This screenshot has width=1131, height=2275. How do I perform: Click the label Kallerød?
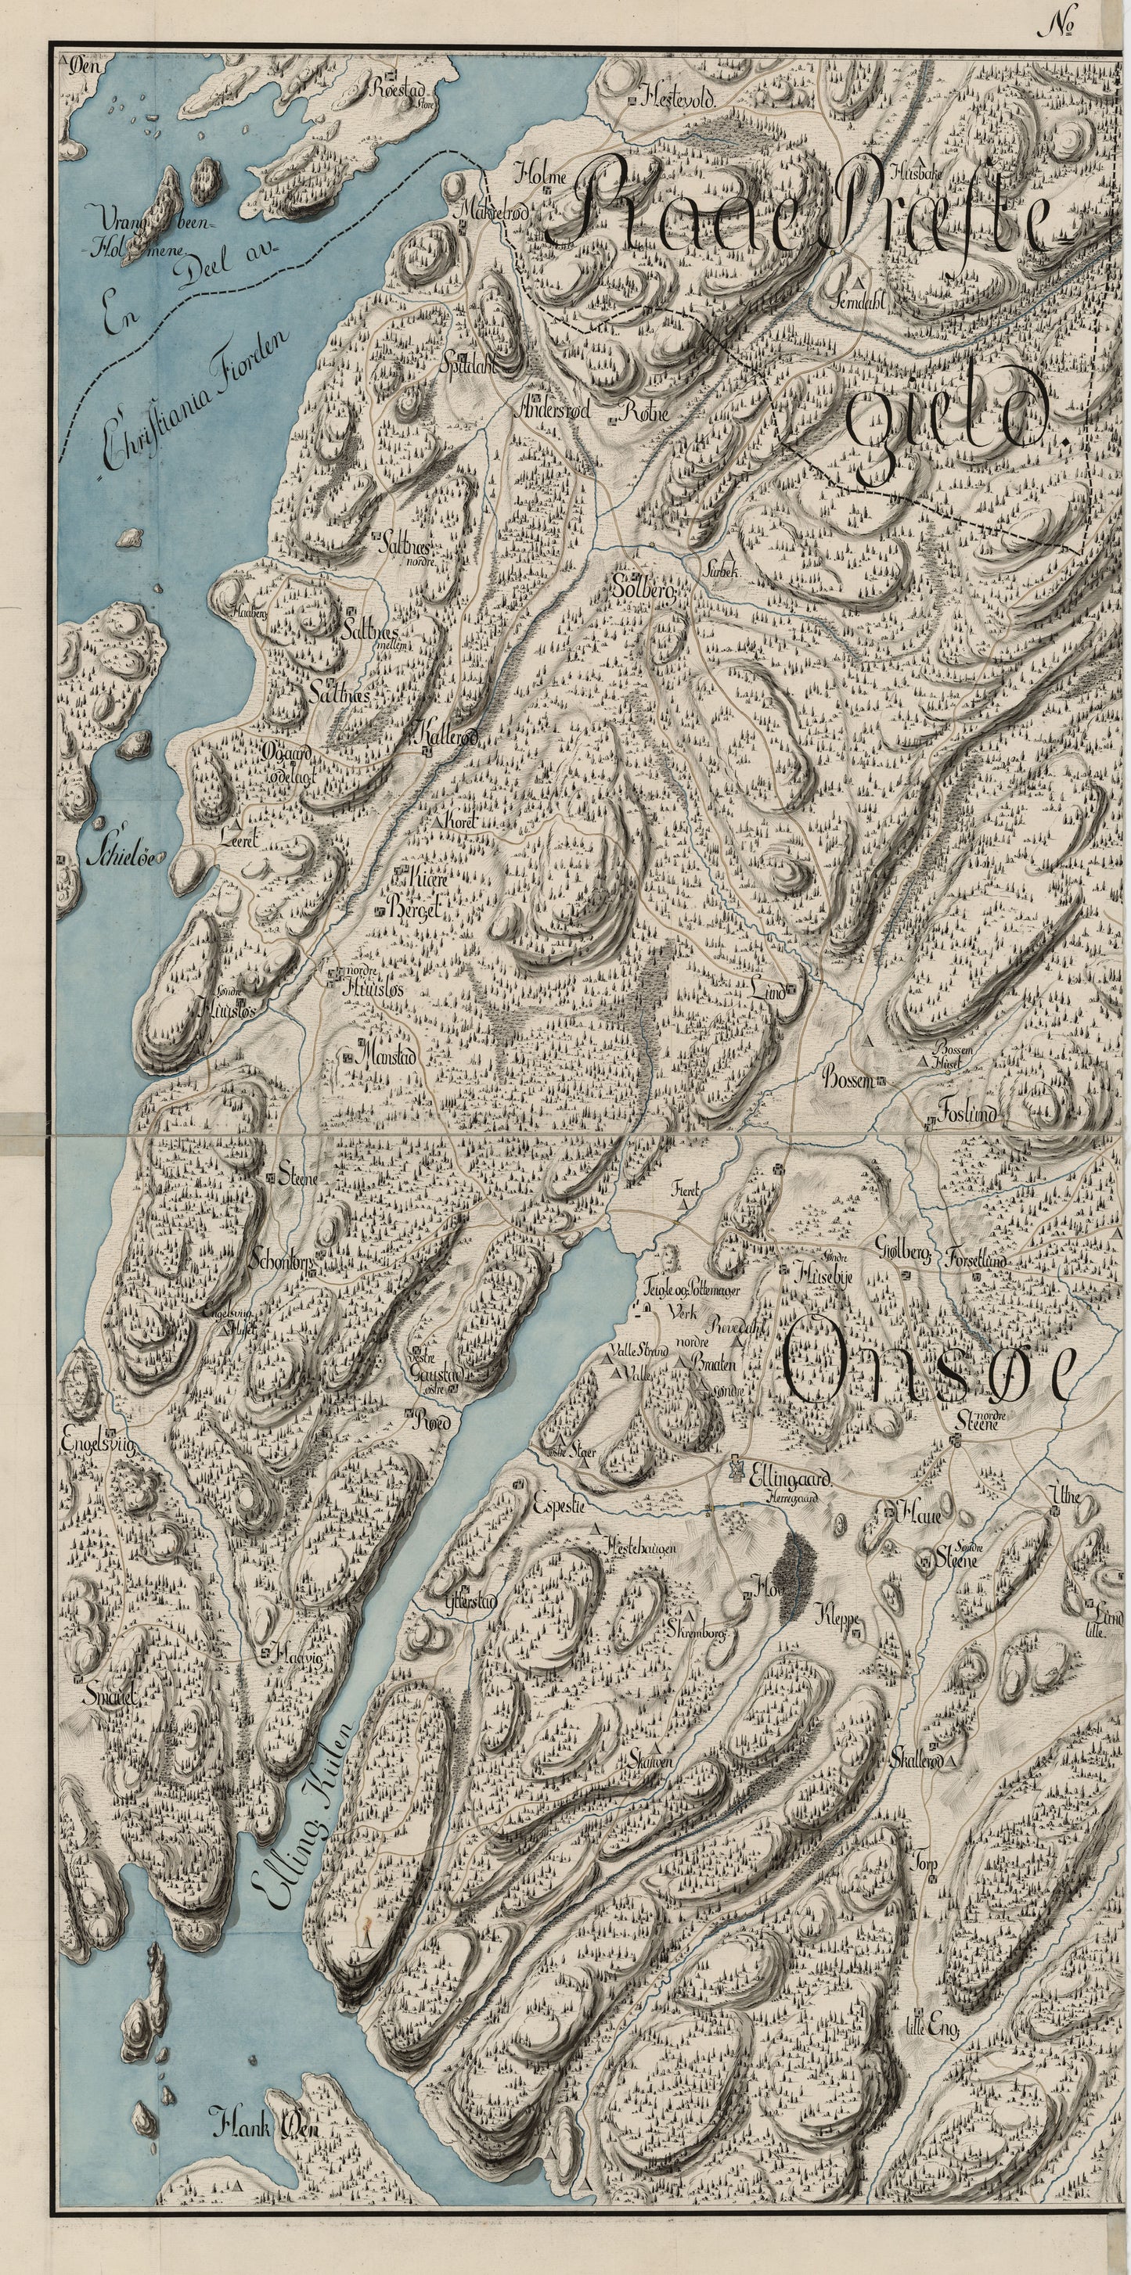(x=445, y=735)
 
